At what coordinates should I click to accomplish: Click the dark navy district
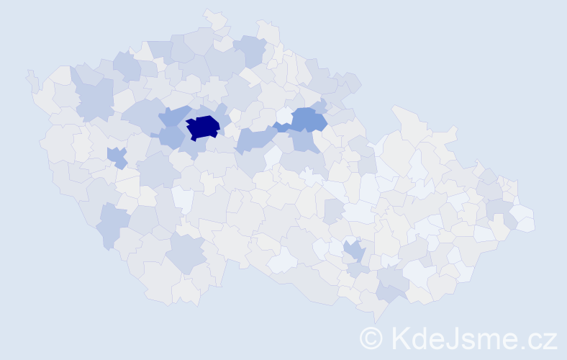pyautogui.click(x=203, y=127)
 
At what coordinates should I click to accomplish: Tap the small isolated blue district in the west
pyautogui.click(x=116, y=156)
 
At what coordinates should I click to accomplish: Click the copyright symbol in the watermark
pyautogui.click(x=371, y=337)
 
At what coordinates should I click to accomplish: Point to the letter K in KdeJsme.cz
pyautogui.click(x=400, y=337)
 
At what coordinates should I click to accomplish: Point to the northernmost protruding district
pyautogui.click(x=213, y=16)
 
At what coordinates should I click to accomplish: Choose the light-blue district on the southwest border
pyautogui.click(x=112, y=222)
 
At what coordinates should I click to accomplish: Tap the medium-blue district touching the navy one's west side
pyautogui.click(x=171, y=135)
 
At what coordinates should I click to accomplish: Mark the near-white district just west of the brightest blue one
pyautogui.click(x=284, y=115)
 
